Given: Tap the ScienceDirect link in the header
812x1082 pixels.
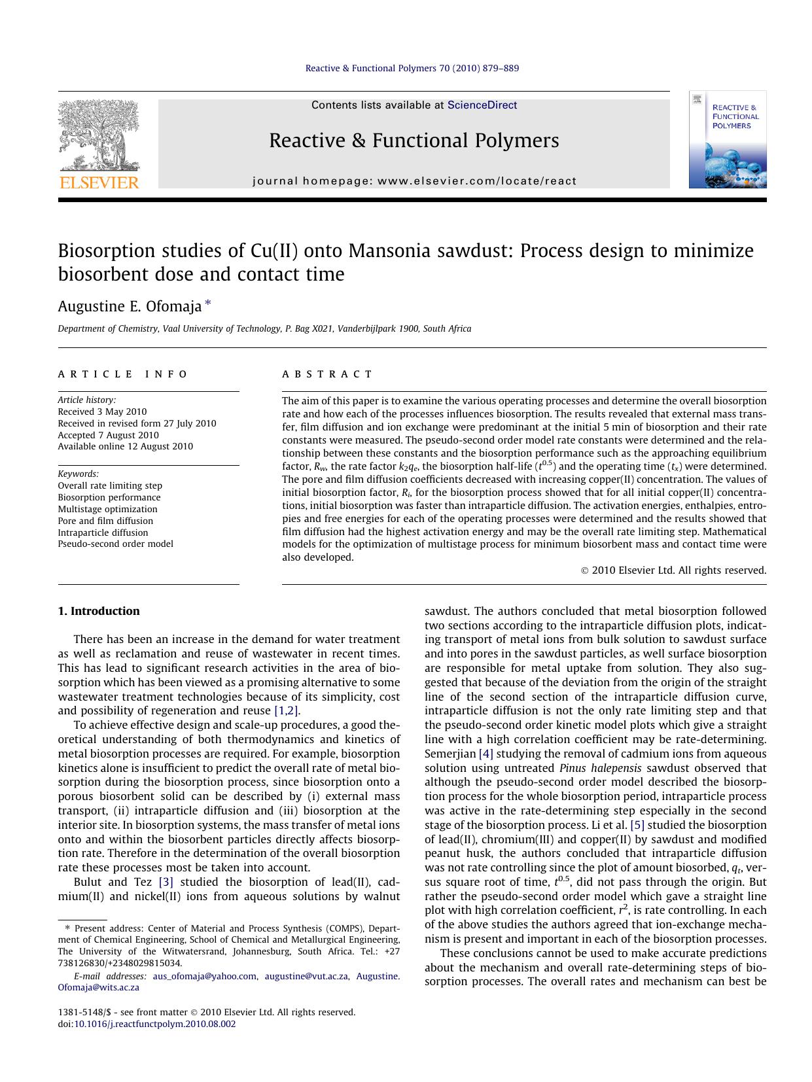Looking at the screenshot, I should [482, 105].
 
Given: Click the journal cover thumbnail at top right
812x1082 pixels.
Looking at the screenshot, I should [727, 139].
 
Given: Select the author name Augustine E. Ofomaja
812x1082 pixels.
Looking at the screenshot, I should [130, 306].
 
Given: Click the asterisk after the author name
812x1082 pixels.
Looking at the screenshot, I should [208, 304].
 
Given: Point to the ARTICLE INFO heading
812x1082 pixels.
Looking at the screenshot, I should [123, 374].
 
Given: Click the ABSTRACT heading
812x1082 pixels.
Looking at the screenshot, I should [327, 374].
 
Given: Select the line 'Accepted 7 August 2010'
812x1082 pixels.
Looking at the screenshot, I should [108, 435].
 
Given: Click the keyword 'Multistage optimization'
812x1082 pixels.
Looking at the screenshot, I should [107, 509].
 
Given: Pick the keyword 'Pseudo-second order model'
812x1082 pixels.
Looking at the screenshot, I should [115, 544].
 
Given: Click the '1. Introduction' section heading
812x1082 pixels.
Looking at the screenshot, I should [99, 611].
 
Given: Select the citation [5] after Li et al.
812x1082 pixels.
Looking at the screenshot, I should [637, 825].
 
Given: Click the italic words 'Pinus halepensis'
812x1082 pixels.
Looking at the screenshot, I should [600, 768].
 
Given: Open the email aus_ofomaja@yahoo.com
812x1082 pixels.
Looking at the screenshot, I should [204, 976].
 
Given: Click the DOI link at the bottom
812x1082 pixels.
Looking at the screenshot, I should [154, 1024].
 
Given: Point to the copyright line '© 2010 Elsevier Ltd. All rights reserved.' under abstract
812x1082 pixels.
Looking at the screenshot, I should [673, 570].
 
